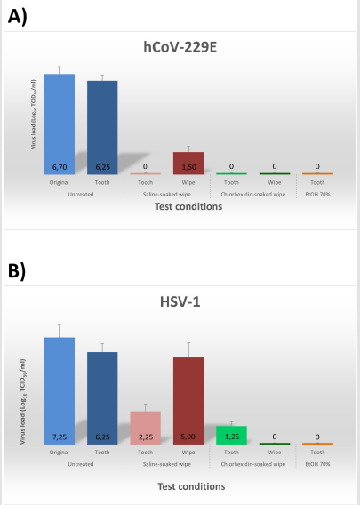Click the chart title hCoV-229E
coord(180,46)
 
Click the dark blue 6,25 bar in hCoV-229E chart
coord(102,126)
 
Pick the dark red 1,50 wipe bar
coord(188,162)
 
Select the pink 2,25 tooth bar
coord(145,427)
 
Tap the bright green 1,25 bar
coord(231,434)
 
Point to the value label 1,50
coord(188,167)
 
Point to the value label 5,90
coord(188,437)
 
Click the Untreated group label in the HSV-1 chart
coord(81,463)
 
